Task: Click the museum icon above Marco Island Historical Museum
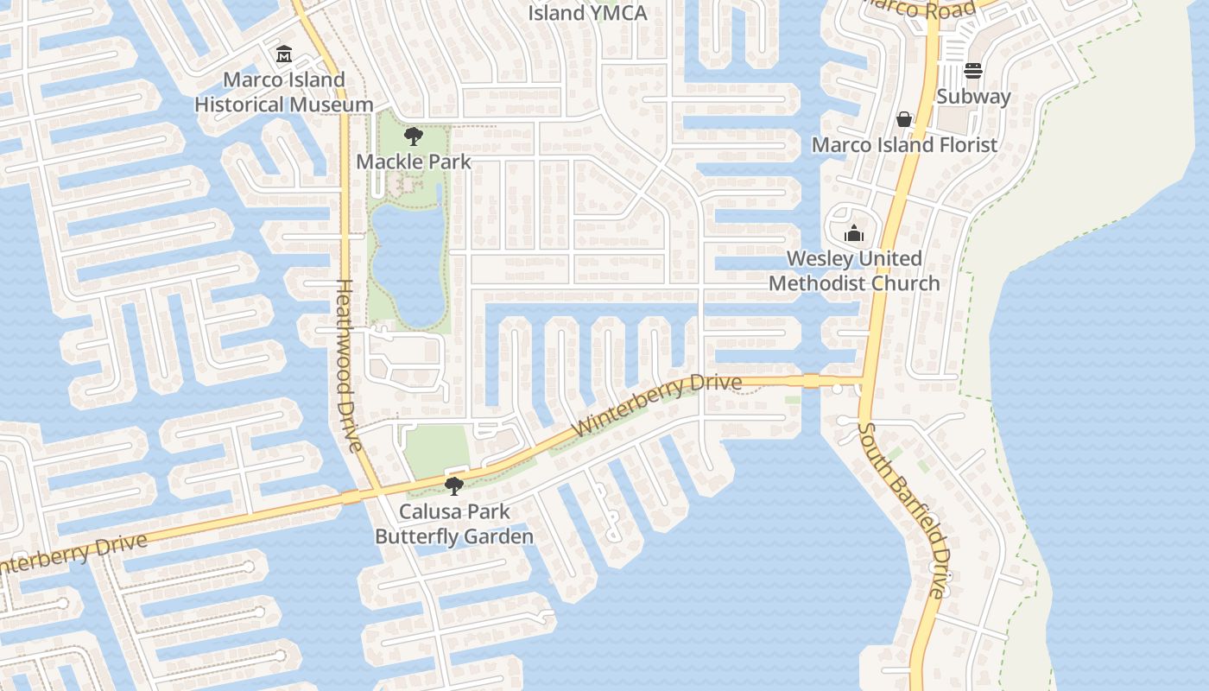click(283, 55)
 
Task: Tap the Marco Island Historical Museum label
click(283, 92)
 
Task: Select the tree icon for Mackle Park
click(414, 136)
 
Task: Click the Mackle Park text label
click(414, 162)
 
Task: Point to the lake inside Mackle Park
click(408, 259)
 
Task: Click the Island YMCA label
click(586, 13)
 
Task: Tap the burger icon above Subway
click(973, 71)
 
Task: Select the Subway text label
click(973, 96)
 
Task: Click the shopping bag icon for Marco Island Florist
click(904, 119)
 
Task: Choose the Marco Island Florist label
click(904, 144)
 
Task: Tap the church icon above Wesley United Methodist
click(854, 233)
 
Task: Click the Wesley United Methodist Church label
click(854, 270)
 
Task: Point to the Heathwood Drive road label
click(347, 365)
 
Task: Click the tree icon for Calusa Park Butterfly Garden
click(453, 486)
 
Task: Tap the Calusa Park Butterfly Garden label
click(453, 524)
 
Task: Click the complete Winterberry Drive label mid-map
click(656, 405)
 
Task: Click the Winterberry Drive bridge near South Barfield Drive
click(810, 381)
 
